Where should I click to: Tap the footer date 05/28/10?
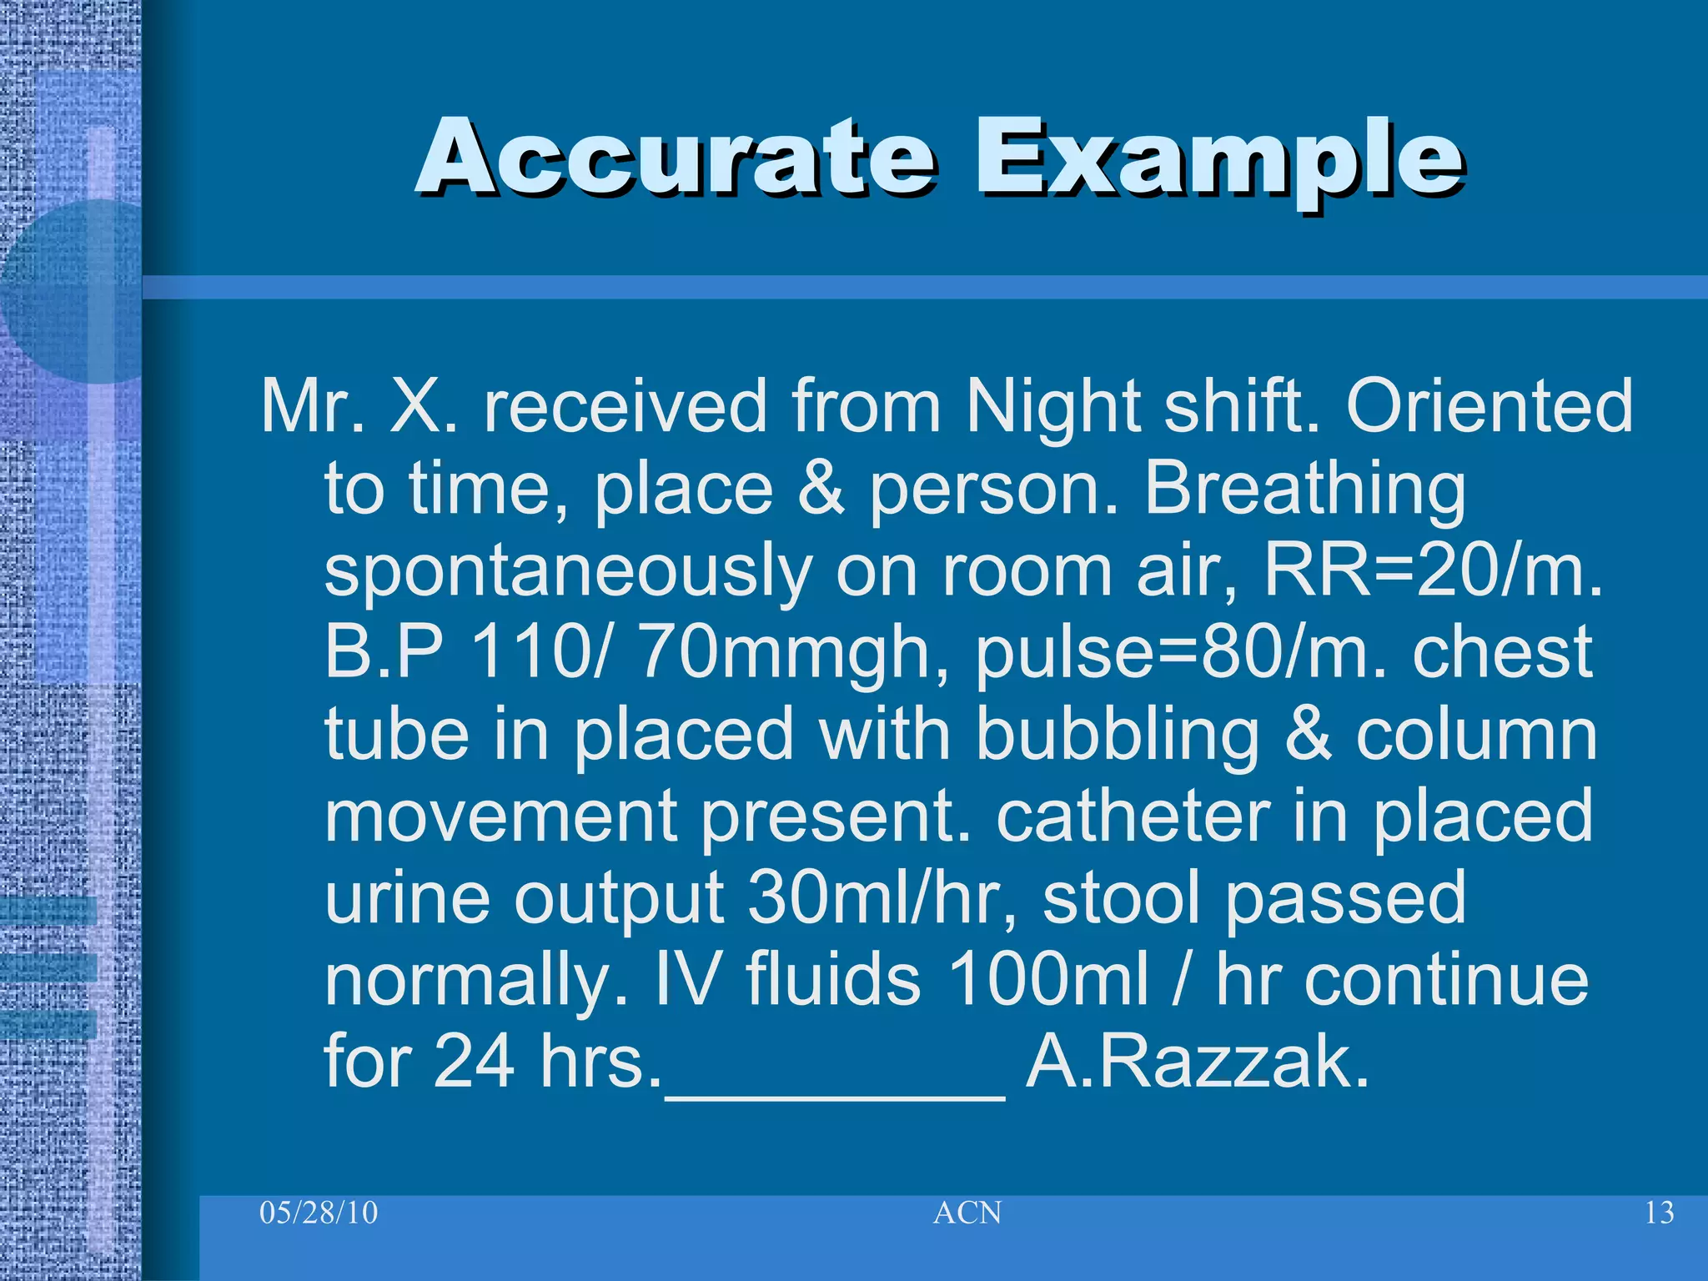[319, 1212]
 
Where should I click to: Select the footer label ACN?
[967, 1213]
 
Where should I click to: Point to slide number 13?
[1659, 1213]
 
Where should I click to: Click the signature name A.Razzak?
[1197, 1062]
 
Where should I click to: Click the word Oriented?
[1489, 406]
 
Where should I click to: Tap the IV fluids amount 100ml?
[1047, 979]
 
